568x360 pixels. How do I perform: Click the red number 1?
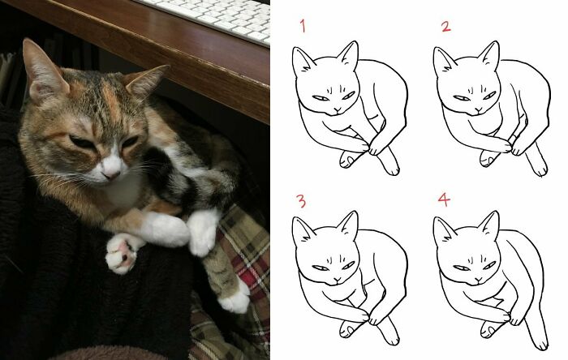pyautogui.click(x=303, y=26)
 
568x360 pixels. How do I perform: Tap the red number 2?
pyautogui.click(x=445, y=26)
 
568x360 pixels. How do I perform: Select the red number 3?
pyautogui.click(x=302, y=200)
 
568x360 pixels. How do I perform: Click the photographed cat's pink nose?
pyautogui.click(x=111, y=173)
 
